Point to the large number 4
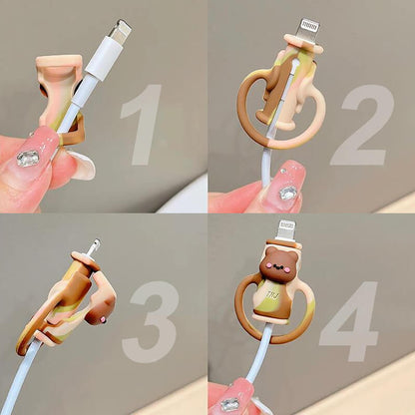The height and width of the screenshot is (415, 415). click(x=350, y=321)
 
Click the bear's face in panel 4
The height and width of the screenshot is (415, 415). click(x=278, y=265)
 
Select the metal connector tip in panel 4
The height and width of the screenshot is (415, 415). click(x=285, y=230)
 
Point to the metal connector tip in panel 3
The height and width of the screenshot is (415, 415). click(x=93, y=246)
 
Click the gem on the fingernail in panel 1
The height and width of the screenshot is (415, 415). click(x=28, y=159)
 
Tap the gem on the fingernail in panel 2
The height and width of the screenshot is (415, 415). click(x=288, y=193)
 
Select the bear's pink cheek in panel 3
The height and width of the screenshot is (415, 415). click(x=103, y=320)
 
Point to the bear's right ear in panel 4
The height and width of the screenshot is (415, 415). click(x=292, y=251)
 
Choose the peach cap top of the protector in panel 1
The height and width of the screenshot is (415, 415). click(x=59, y=61)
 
